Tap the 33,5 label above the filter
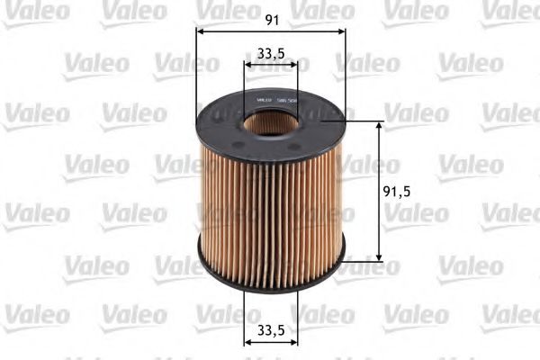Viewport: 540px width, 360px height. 271,52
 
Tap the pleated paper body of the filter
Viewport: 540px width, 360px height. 270,207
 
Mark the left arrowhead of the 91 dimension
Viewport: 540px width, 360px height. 200,31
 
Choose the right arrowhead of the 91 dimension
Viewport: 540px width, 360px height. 343,31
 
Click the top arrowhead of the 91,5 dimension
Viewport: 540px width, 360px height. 379,126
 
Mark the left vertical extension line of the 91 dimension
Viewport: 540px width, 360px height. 196,72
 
